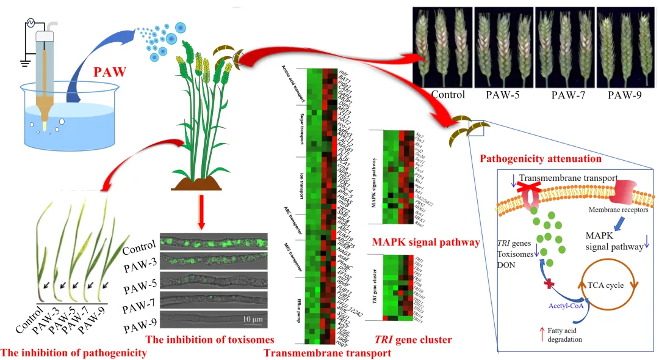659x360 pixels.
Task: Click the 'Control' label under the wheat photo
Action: [x=448, y=95]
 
